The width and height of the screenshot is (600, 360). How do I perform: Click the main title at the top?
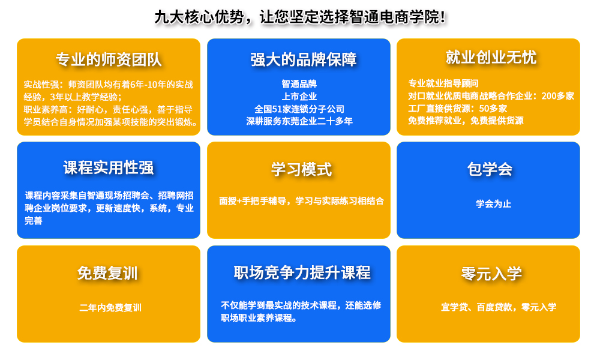301,17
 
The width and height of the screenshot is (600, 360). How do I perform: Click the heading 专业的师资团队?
109,59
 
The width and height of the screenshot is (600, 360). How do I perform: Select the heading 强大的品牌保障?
304,59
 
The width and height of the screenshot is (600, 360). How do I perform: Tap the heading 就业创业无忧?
491,58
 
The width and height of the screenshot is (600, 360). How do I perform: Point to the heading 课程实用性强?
109,167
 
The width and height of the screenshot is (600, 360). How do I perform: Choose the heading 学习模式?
301,169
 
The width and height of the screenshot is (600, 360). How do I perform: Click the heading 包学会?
490,169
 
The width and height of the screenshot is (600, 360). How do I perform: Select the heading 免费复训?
107,273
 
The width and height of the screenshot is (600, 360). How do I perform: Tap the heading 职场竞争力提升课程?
302,272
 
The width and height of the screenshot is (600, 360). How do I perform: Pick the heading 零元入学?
491,274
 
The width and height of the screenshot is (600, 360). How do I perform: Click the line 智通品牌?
299,84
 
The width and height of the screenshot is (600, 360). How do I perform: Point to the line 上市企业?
299,97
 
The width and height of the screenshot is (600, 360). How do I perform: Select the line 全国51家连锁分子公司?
299,109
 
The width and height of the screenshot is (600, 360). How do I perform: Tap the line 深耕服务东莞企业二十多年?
299,121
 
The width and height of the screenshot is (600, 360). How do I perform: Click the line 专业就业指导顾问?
443,83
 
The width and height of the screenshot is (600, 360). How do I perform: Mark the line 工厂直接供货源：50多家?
457,108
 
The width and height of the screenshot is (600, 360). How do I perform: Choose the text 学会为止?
494,203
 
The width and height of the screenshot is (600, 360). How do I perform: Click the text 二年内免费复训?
110,308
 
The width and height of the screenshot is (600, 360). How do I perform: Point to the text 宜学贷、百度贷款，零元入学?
499,307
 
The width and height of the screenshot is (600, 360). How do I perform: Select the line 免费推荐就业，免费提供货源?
466,121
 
